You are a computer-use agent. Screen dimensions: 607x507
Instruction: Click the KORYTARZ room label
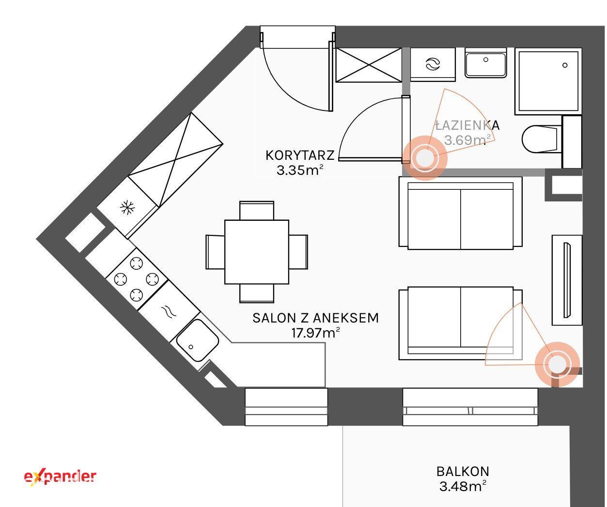[x=300, y=155]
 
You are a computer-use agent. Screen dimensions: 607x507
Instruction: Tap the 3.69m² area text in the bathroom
[x=468, y=140]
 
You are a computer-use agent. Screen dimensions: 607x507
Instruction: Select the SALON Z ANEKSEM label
[x=316, y=318]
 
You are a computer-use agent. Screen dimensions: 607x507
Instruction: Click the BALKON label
[x=463, y=472]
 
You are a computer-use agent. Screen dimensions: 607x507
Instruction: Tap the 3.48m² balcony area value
[x=463, y=486]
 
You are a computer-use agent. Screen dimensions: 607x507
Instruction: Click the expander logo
[x=60, y=477]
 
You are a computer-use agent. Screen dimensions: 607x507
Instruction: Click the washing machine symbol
[x=433, y=64]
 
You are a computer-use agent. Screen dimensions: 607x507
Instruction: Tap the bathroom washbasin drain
[x=485, y=60]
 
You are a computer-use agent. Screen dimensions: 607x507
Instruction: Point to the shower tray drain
[x=565, y=65]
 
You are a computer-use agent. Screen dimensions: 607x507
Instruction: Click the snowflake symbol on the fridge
[x=128, y=207]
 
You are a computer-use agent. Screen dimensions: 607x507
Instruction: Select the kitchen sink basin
[x=197, y=340]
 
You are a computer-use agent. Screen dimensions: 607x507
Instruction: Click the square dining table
[x=257, y=252]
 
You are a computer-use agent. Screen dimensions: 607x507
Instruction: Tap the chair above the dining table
[x=257, y=210]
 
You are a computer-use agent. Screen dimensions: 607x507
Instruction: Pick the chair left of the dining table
[x=215, y=252]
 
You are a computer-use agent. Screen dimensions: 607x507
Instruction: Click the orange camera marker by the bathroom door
[x=425, y=158]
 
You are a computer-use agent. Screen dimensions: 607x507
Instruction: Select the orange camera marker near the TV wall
[x=557, y=364]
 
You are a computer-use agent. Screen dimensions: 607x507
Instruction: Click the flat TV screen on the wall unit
[x=567, y=280]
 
